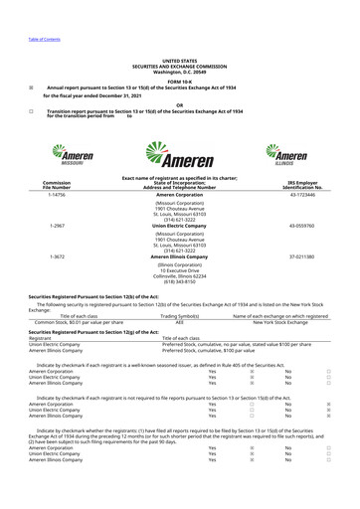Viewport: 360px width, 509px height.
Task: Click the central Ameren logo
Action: click(180, 157)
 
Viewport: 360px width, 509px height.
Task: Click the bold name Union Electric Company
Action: click(179, 226)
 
